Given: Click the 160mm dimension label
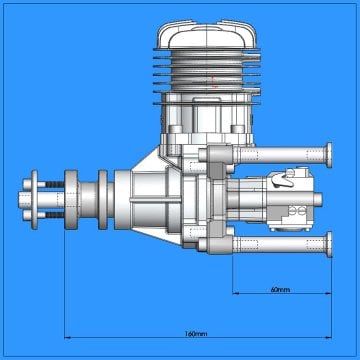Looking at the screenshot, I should [196, 332].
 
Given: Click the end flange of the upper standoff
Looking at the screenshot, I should [329, 154].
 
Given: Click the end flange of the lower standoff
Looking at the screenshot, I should [329, 244].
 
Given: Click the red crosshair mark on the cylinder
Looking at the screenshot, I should [214, 84].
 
